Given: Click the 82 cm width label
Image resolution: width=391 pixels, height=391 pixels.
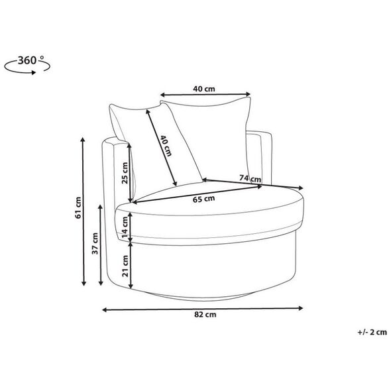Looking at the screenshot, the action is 205,315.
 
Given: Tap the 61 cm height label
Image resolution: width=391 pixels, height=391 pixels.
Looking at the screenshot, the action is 78,208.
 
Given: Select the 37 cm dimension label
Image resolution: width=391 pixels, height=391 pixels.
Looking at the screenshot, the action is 95,243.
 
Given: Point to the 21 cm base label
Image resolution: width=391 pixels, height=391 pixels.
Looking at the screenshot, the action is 125,266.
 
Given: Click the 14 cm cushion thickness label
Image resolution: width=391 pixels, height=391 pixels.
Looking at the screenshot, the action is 125,227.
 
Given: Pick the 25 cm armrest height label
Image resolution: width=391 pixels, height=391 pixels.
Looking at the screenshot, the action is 125,173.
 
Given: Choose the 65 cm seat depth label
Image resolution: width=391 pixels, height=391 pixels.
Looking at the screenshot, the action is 203,199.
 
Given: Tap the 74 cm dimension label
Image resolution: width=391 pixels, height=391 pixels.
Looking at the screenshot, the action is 250,178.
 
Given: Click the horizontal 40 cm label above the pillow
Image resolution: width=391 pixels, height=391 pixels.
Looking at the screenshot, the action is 204,89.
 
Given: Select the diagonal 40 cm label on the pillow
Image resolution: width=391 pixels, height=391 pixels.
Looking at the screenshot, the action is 166,146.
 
